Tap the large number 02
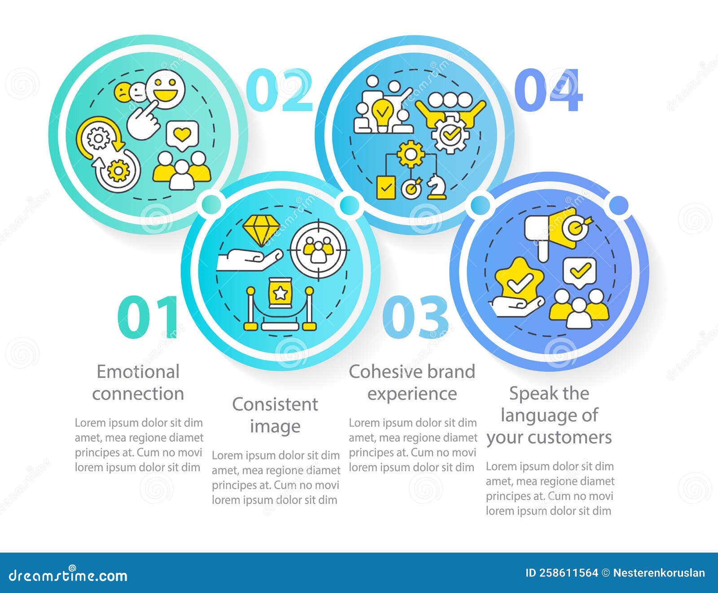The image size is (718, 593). coord(279,90)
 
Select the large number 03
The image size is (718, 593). coord(415,317)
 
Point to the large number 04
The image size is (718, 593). coord(548,90)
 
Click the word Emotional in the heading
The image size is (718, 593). coord(138,372)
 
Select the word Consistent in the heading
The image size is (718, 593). coord(275,404)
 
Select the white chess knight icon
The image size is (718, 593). coord(436,187)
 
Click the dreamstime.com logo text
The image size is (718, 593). coord(68,575)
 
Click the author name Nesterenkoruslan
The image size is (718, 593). coord(659,573)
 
